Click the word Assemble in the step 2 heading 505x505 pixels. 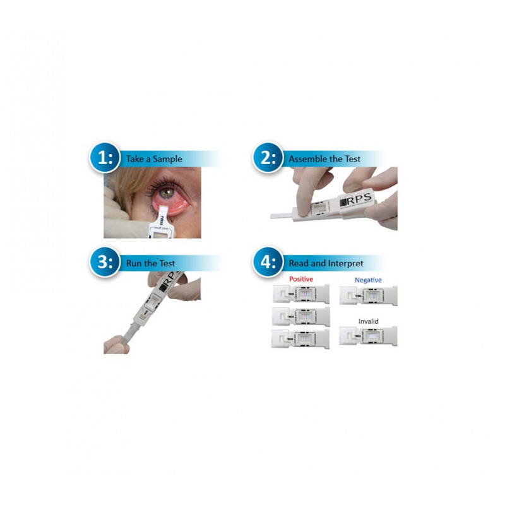[x=308, y=159]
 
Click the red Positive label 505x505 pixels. [x=300, y=279]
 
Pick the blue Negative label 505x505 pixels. [x=368, y=280]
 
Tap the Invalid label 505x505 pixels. [x=368, y=321]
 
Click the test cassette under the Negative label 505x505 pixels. [x=368, y=295]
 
